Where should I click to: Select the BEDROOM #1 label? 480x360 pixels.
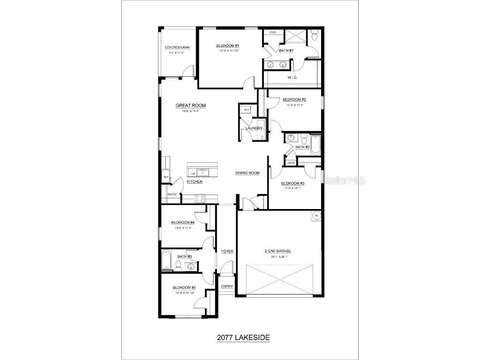point(228,45)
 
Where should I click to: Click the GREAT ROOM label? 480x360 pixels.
point(190,105)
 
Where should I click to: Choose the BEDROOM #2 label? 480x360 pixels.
point(294,99)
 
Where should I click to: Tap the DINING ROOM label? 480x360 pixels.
point(247,173)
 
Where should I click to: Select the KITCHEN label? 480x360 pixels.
point(195,181)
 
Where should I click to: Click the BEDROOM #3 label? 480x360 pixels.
point(293,183)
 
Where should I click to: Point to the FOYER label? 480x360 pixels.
point(227,251)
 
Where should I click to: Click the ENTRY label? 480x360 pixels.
point(227,286)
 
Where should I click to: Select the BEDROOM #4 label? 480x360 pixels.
point(183,222)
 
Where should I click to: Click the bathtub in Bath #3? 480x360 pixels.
point(166,260)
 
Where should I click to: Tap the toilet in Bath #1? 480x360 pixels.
point(315,34)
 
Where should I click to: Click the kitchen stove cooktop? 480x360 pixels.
point(199,199)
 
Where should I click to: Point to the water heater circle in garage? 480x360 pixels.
point(316,216)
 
